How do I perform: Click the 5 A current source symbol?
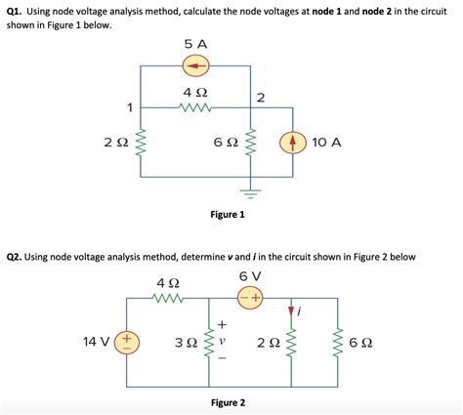[197, 66]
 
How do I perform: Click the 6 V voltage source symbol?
[249, 298]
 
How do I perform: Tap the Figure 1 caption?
[228, 214]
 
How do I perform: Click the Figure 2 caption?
[228, 402]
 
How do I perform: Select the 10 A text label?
[326, 143]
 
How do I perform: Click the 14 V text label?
[98, 342]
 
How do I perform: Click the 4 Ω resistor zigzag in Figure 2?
[168, 298]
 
